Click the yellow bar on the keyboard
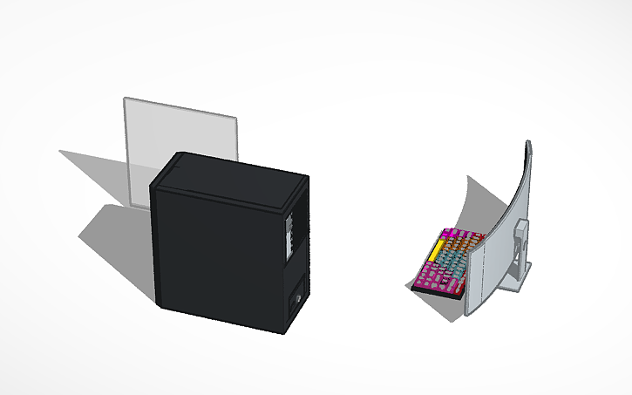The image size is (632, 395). point(435,252)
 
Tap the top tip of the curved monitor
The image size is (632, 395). point(527,142)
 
